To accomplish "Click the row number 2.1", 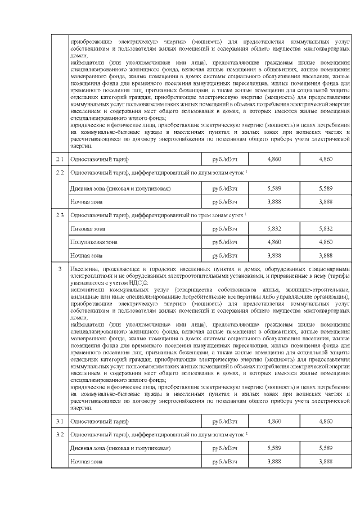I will [60, 160].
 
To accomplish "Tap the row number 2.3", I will [60, 215].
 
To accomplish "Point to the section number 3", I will [60, 270].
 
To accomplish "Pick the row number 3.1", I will [60, 420].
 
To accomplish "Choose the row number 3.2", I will [60, 434].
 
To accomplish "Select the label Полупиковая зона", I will [93, 242].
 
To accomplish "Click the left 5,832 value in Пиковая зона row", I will [274, 229].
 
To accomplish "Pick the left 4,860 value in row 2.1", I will [274, 160].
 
